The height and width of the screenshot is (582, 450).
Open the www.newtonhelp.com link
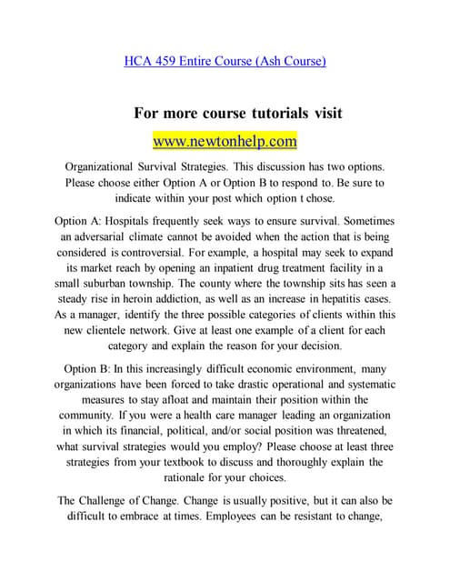coord(225,142)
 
